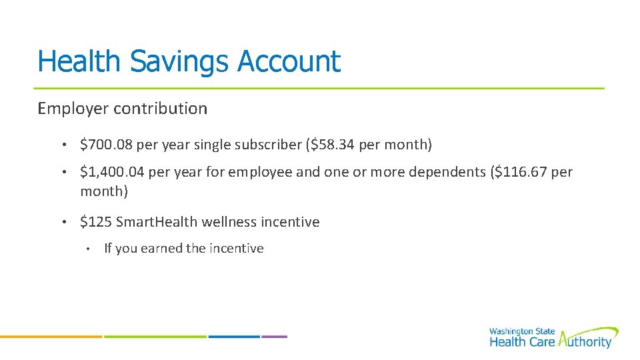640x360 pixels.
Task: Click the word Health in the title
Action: click(x=79, y=61)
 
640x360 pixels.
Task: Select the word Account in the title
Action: click(x=289, y=61)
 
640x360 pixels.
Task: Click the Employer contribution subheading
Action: click(x=122, y=108)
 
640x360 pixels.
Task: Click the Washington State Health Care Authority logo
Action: click(x=553, y=337)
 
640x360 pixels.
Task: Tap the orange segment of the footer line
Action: click(x=51, y=337)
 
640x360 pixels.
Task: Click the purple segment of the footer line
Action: click(x=274, y=337)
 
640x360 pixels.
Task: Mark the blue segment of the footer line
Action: click(x=234, y=337)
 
